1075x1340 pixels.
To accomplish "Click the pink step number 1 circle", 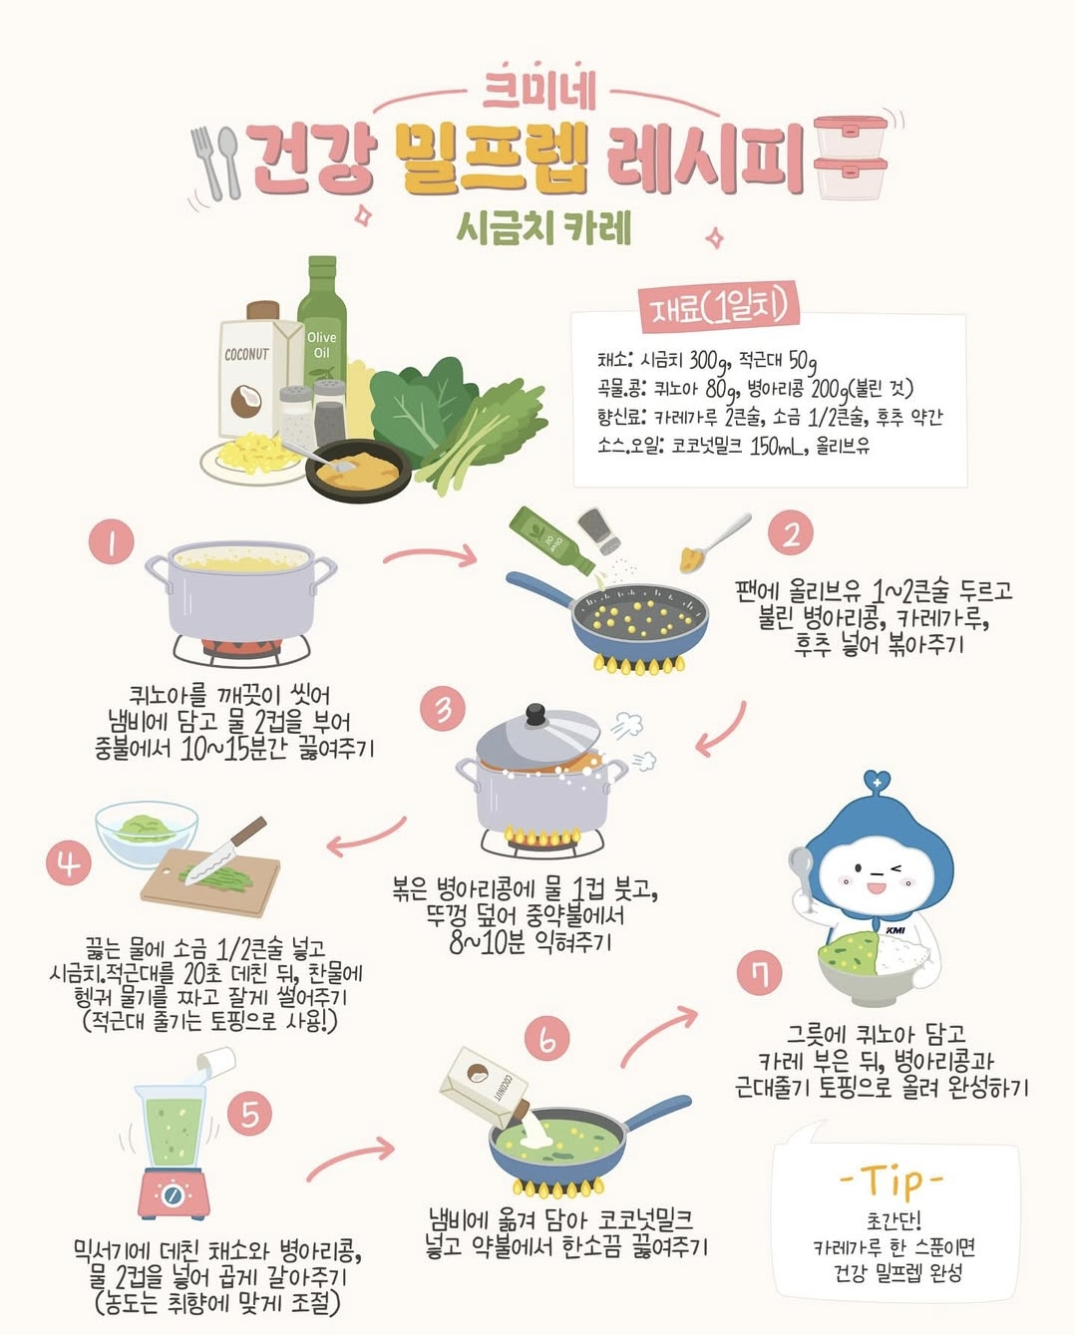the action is click(x=111, y=541).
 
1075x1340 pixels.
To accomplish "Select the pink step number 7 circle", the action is click(x=759, y=974).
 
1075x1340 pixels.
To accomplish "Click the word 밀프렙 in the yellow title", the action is click(x=492, y=159).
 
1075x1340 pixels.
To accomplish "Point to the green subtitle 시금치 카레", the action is click(x=543, y=228).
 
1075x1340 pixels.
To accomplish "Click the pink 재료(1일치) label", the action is click(x=720, y=306).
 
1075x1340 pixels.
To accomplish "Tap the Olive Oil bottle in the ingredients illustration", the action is click(x=322, y=324).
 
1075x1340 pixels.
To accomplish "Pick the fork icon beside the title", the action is click(x=207, y=164).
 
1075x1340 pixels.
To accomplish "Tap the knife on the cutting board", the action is click(x=226, y=850).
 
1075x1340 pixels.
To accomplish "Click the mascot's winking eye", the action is click(x=896, y=868).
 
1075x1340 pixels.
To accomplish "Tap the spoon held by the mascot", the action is click(x=801, y=874).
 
